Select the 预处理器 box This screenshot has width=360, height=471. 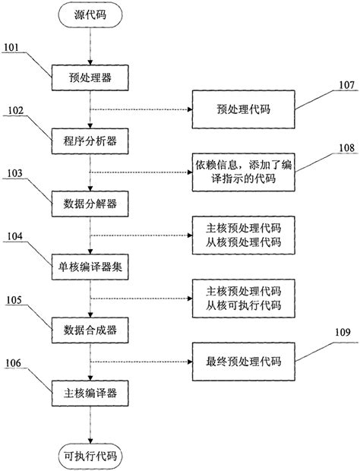90,77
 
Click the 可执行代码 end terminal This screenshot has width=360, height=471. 90,456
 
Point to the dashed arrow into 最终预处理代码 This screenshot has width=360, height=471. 141,361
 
